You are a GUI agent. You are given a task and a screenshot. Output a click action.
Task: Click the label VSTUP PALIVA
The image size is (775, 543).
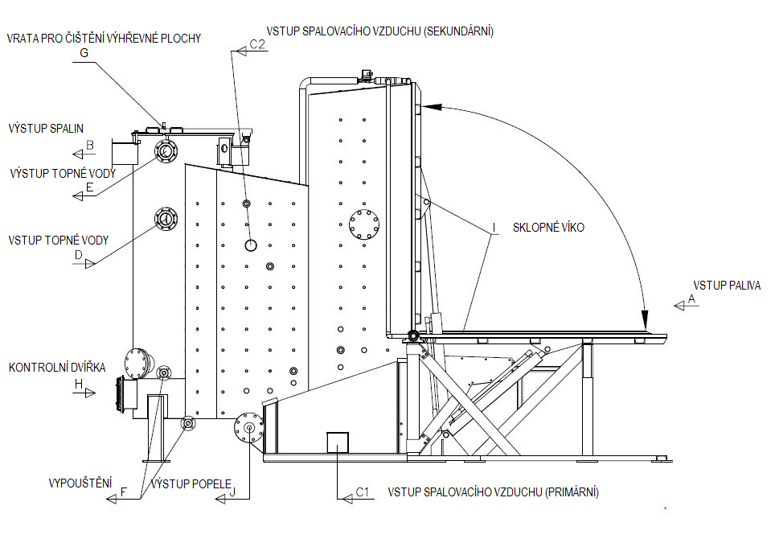(726, 285)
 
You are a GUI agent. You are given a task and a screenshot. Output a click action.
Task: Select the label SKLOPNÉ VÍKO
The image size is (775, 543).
(548, 228)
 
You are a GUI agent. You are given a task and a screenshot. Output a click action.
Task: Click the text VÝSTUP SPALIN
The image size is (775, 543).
(46, 128)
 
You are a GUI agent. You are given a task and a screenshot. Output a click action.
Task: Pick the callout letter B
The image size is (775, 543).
(90, 146)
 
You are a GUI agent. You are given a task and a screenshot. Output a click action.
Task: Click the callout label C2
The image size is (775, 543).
(257, 45)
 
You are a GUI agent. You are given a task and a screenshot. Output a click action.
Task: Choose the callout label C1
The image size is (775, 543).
(362, 491)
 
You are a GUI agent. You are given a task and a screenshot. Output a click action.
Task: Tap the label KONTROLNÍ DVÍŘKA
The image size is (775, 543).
(57, 368)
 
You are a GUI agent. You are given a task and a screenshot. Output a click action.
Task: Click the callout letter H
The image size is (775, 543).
(79, 385)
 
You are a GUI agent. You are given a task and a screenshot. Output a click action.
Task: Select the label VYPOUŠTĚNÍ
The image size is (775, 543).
(80, 483)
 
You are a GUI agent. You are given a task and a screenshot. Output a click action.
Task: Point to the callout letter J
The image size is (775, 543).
(232, 493)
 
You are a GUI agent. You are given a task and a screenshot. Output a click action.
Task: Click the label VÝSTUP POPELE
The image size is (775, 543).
(186, 483)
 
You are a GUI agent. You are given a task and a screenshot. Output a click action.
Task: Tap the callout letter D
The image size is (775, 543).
(78, 255)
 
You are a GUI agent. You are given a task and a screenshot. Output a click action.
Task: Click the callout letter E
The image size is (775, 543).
(89, 187)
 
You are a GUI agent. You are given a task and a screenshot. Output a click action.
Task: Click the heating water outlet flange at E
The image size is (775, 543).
(166, 150)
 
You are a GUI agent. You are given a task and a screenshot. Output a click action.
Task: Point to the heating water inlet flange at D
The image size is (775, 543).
(166, 218)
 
